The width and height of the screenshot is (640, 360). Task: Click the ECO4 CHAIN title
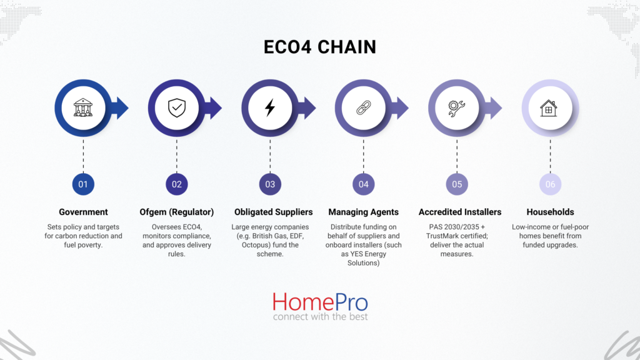click(x=319, y=47)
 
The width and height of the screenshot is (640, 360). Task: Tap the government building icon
click(x=83, y=107)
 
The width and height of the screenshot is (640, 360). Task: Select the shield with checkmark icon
click(x=177, y=107)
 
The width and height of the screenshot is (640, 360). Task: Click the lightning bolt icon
click(x=270, y=107)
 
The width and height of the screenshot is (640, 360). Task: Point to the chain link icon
click(x=363, y=107)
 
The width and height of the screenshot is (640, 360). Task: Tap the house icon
click(x=549, y=108)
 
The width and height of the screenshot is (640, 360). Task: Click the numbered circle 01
click(x=83, y=184)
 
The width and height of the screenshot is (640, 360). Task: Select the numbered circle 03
click(x=270, y=184)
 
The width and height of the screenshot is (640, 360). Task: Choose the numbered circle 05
click(x=457, y=184)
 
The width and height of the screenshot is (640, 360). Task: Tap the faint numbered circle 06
click(x=550, y=184)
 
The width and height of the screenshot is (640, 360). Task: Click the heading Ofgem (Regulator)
click(x=177, y=212)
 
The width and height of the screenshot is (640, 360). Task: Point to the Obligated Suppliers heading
click(x=274, y=212)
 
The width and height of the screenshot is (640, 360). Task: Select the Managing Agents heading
click(x=363, y=212)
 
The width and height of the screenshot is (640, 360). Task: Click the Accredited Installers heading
click(x=460, y=212)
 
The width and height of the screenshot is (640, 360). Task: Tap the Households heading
click(x=550, y=212)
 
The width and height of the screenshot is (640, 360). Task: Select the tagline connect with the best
click(x=321, y=316)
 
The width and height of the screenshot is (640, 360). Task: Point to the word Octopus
click(x=255, y=245)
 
